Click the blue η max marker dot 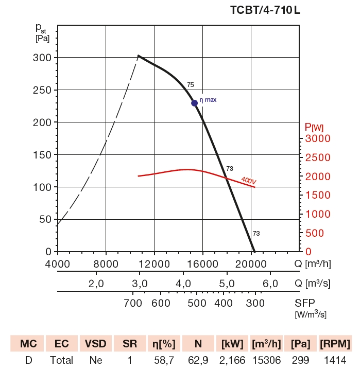click(x=195, y=103)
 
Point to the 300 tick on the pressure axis click(x=42, y=58)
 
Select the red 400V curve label click(x=248, y=181)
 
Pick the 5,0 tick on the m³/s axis click(x=227, y=284)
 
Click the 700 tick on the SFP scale click(x=133, y=303)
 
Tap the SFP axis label click(x=305, y=303)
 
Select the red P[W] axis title click(x=314, y=127)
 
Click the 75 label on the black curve click(x=191, y=84)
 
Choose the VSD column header click(x=95, y=344)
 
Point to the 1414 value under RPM click(x=335, y=360)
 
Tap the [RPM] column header click(x=335, y=344)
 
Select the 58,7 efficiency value click(x=163, y=360)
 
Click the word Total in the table click(x=61, y=360)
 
